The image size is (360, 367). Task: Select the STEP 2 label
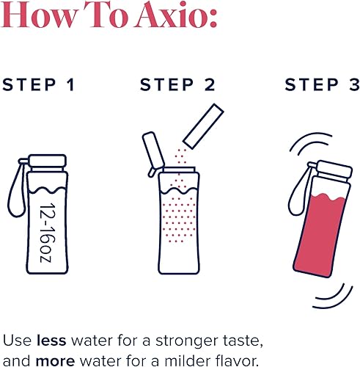pos(177,84)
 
